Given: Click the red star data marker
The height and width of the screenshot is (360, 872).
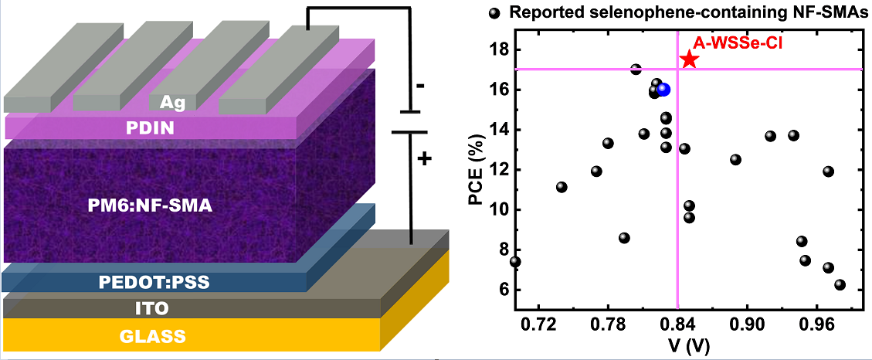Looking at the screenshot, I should click(689, 59).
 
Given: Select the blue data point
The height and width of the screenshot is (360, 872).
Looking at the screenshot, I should click(663, 90).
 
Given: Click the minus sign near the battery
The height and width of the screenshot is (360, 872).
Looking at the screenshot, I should click(419, 87).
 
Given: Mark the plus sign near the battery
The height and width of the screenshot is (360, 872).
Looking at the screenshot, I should click(424, 160).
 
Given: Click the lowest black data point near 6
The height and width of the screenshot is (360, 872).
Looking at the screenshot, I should click(840, 285).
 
